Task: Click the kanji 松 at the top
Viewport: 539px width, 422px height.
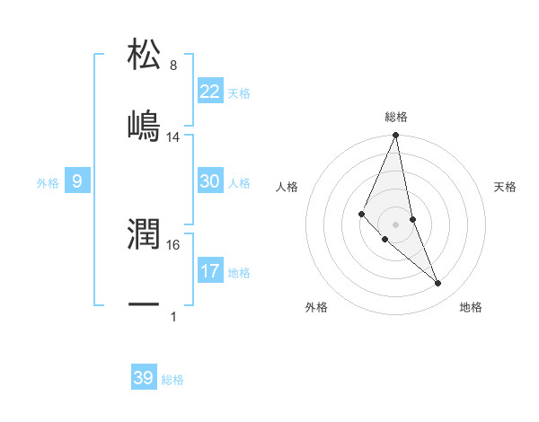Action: click(x=145, y=54)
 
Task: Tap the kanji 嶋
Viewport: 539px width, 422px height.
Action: click(x=145, y=125)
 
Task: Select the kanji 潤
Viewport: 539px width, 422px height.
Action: click(x=145, y=233)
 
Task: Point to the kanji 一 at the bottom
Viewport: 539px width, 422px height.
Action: click(x=145, y=304)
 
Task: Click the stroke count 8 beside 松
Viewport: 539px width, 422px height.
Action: click(x=173, y=66)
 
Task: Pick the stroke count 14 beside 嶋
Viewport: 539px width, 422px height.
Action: click(x=173, y=137)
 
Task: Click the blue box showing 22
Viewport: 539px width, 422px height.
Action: click(x=210, y=91)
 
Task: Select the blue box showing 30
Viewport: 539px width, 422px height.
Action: click(x=210, y=181)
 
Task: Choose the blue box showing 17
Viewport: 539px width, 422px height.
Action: click(x=210, y=270)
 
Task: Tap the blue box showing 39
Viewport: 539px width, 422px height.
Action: click(x=144, y=378)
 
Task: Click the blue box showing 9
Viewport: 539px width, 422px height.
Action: click(x=77, y=181)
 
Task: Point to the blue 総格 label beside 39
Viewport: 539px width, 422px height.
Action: click(x=172, y=380)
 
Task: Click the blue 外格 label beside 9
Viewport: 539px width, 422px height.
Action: click(x=48, y=183)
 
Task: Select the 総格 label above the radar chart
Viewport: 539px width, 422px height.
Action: click(x=396, y=117)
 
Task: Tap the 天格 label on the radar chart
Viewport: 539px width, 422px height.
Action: click(x=506, y=187)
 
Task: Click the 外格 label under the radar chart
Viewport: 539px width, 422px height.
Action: click(x=316, y=307)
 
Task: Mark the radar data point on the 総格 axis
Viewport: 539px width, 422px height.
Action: click(x=396, y=136)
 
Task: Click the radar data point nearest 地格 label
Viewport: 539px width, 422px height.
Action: click(x=438, y=284)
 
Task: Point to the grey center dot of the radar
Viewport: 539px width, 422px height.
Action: click(x=396, y=224)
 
